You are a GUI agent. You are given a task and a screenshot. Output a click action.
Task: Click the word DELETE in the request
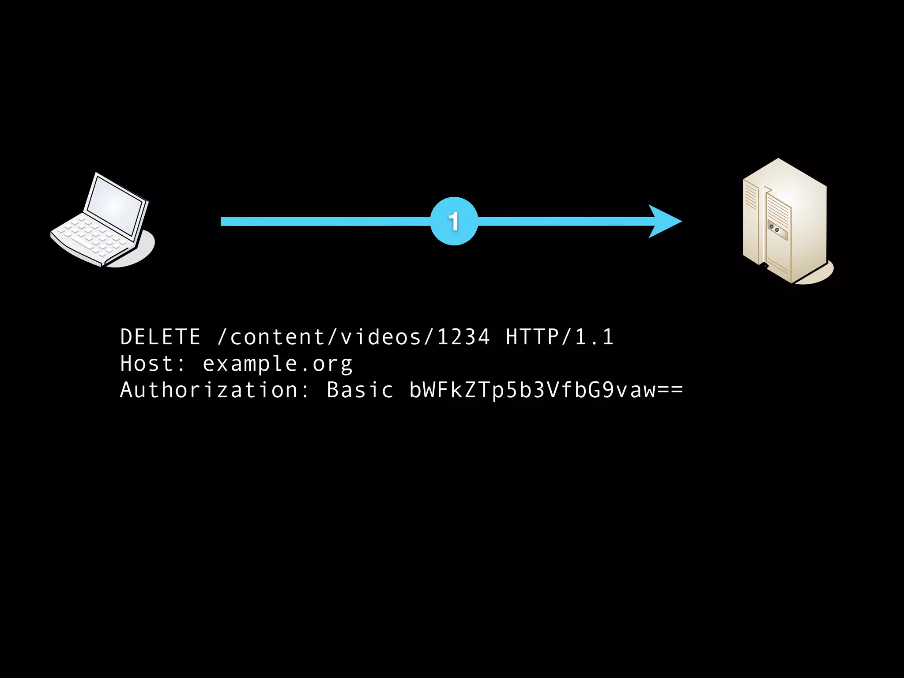coord(160,337)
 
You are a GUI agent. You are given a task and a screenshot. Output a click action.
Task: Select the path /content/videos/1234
coord(354,337)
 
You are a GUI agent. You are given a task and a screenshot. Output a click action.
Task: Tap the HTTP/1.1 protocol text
coord(559,337)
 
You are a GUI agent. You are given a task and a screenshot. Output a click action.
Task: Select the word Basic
coord(359,391)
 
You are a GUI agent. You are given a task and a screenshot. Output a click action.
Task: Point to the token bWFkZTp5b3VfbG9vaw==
coord(546,391)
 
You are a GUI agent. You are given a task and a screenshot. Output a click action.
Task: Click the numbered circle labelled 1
coord(454,221)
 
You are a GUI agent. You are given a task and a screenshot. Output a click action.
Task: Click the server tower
coord(785,221)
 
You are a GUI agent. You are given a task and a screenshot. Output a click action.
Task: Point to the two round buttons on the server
coord(774,228)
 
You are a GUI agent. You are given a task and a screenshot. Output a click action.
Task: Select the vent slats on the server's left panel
coord(751,194)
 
